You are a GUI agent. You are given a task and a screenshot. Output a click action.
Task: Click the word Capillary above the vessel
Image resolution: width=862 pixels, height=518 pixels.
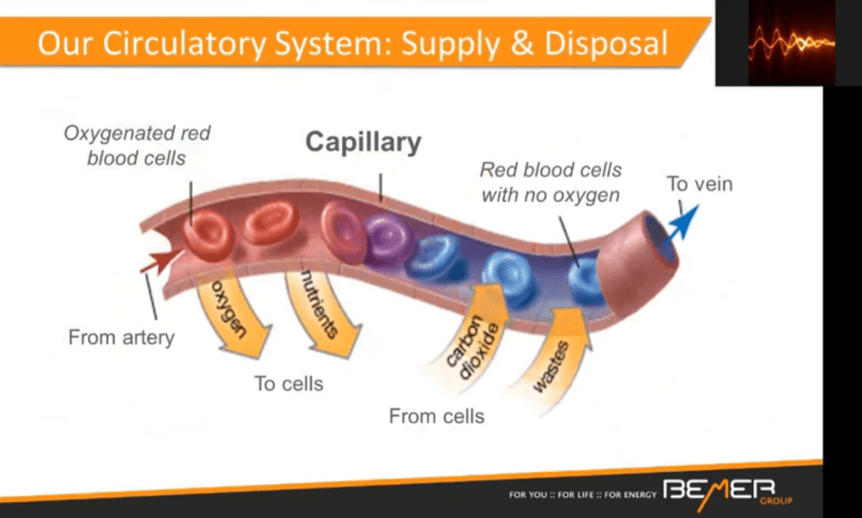click(363, 142)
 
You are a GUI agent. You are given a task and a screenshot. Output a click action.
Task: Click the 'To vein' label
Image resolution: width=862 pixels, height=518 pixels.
click(699, 184)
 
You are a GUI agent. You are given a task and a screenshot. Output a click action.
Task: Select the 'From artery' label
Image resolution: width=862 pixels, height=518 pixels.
click(121, 338)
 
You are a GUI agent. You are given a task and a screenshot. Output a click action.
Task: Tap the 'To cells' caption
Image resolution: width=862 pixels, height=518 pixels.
click(288, 383)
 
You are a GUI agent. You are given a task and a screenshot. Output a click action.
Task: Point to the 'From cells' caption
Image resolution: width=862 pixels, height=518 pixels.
click(436, 416)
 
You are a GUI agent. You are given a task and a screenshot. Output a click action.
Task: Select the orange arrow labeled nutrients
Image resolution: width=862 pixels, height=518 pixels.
click(323, 312)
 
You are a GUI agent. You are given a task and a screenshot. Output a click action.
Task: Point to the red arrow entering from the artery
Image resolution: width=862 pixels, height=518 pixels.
click(158, 261)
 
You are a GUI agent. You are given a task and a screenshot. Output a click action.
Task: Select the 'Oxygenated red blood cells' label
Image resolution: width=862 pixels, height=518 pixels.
click(137, 145)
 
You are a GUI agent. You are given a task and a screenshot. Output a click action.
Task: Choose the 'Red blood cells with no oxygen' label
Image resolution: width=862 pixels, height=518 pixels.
click(550, 181)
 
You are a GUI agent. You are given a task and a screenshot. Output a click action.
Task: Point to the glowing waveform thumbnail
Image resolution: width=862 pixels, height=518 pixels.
click(790, 42)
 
